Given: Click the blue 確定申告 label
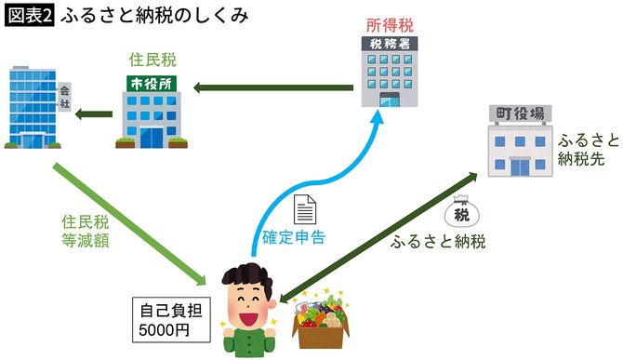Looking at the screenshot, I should [x=296, y=238].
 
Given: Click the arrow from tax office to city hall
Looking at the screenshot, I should [x=273, y=88].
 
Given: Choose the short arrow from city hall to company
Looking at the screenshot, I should [x=93, y=115].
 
